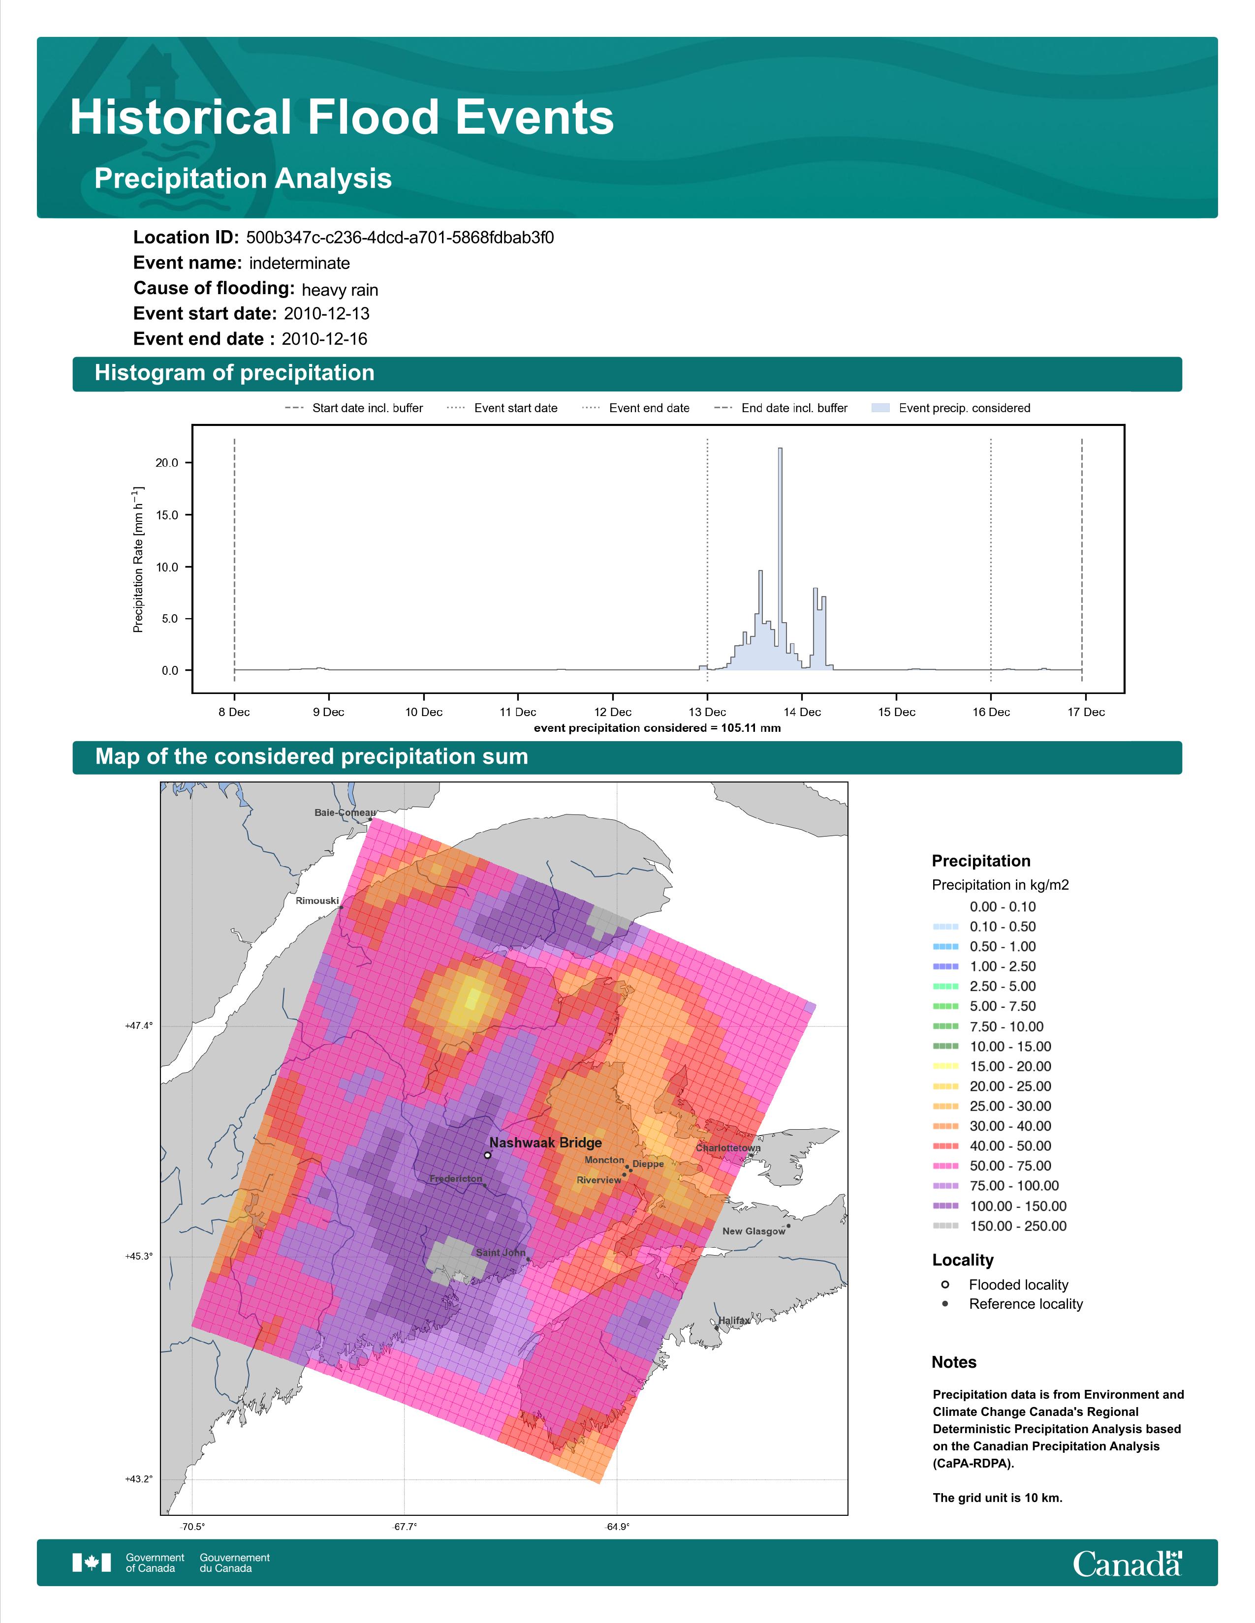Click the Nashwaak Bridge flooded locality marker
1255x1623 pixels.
click(x=487, y=1155)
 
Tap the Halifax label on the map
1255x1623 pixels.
click(x=734, y=1320)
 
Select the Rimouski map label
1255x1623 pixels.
click(x=317, y=901)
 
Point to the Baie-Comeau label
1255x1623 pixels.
click(x=345, y=812)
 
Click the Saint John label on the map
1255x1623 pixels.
click(x=501, y=1252)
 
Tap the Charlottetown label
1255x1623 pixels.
click(x=728, y=1147)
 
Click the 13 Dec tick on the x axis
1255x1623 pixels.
click(x=707, y=712)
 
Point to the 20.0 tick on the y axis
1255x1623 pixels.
click(x=166, y=462)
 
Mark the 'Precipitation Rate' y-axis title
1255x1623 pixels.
click(x=138, y=560)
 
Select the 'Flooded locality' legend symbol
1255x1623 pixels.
click(x=945, y=1284)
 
